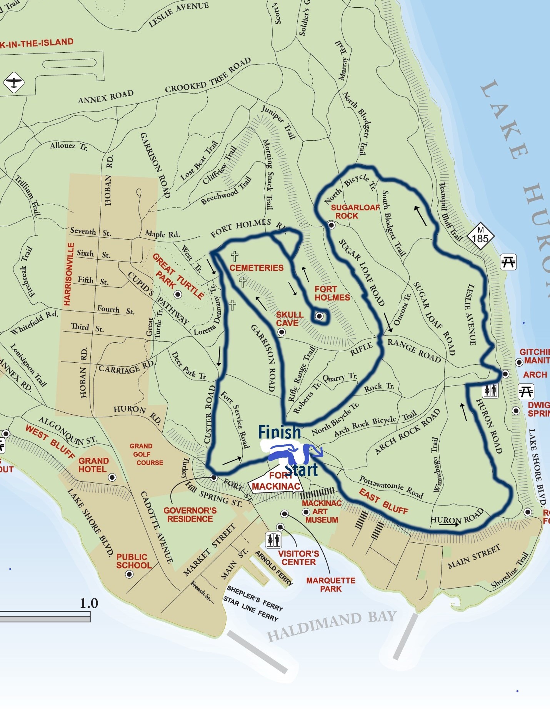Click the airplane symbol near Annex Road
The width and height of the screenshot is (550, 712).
click(x=14, y=83)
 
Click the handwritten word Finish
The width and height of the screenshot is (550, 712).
click(x=279, y=432)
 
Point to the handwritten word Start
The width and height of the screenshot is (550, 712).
click(x=302, y=470)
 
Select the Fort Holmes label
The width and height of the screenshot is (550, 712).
click(x=332, y=293)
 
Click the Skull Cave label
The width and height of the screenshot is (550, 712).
click(x=290, y=319)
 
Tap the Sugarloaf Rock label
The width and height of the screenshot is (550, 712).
click(x=355, y=212)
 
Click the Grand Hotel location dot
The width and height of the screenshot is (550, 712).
click(x=112, y=477)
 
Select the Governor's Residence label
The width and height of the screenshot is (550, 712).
click(x=190, y=515)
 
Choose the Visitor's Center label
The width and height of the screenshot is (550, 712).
click(x=298, y=558)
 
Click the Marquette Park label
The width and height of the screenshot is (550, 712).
click(x=331, y=585)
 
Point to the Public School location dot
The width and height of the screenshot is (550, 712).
click(x=129, y=574)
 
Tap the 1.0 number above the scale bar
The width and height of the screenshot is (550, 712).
click(x=89, y=603)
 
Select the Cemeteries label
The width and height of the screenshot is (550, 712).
click(x=257, y=268)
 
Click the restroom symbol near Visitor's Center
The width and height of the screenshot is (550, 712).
click(x=273, y=540)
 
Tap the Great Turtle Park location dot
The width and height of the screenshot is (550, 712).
click(x=178, y=295)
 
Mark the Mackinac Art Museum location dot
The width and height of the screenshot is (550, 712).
click(x=306, y=512)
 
